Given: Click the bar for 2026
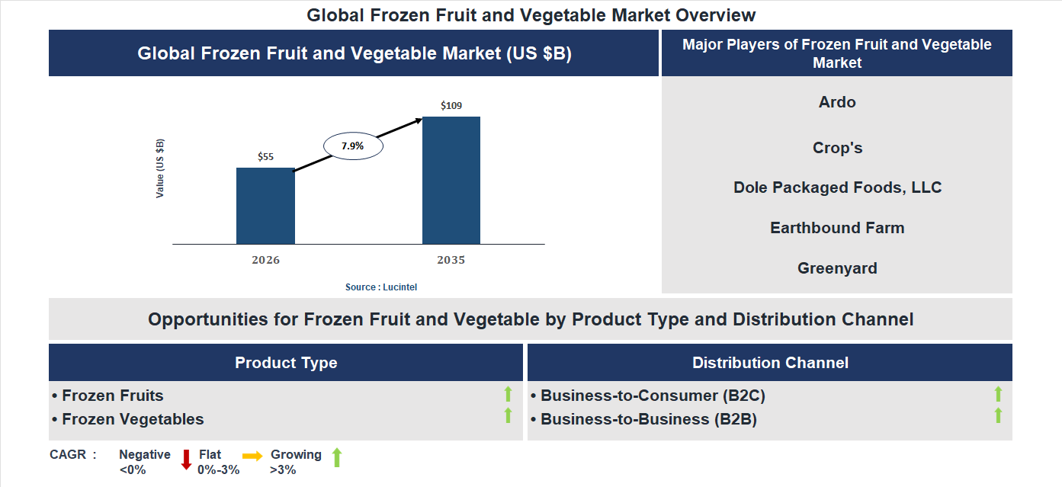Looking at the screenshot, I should point(265,206).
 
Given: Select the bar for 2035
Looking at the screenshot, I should point(451,181).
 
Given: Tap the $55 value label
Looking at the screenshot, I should point(265,157).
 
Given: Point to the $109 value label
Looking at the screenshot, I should point(451,106).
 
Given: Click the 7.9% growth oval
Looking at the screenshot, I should point(353,146).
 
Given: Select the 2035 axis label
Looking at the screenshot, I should point(451,261).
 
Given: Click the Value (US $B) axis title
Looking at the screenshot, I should point(160,168).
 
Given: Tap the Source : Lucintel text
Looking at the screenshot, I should point(381,287).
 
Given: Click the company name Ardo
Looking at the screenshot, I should point(837,102).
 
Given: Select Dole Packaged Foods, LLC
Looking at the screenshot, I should point(837,187).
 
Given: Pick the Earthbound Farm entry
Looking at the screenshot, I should point(837,228).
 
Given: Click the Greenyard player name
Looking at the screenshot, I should point(837,268).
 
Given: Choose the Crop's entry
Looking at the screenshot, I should point(837,148).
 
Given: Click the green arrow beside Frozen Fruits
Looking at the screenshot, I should point(508,394).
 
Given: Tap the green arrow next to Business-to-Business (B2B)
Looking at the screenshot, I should point(998,416).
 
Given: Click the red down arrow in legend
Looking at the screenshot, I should point(186,460).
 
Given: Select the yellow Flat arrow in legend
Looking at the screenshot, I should point(252,455).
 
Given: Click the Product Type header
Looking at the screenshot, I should point(286,363).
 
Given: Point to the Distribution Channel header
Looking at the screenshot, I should point(770,363).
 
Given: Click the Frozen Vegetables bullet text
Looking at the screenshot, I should point(133,419).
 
